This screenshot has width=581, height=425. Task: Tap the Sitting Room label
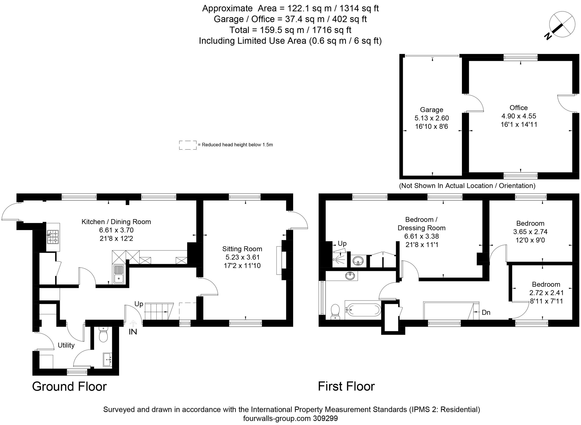point(242,249)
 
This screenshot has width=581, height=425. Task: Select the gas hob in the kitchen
point(53,237)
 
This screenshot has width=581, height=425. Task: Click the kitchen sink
point(119,274)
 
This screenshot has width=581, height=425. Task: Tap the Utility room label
point(66,345)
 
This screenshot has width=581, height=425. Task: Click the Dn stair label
point(486,313)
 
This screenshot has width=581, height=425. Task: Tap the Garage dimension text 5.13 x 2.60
point(432,118)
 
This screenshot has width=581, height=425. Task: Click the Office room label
point(519,108)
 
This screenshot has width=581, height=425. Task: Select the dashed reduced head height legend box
point(188,145)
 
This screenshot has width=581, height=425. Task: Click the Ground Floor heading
point(69,387)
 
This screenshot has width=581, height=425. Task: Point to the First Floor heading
point(346,387)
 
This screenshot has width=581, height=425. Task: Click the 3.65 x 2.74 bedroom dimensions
point(530,232)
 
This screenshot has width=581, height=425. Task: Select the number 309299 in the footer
point(325,418)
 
